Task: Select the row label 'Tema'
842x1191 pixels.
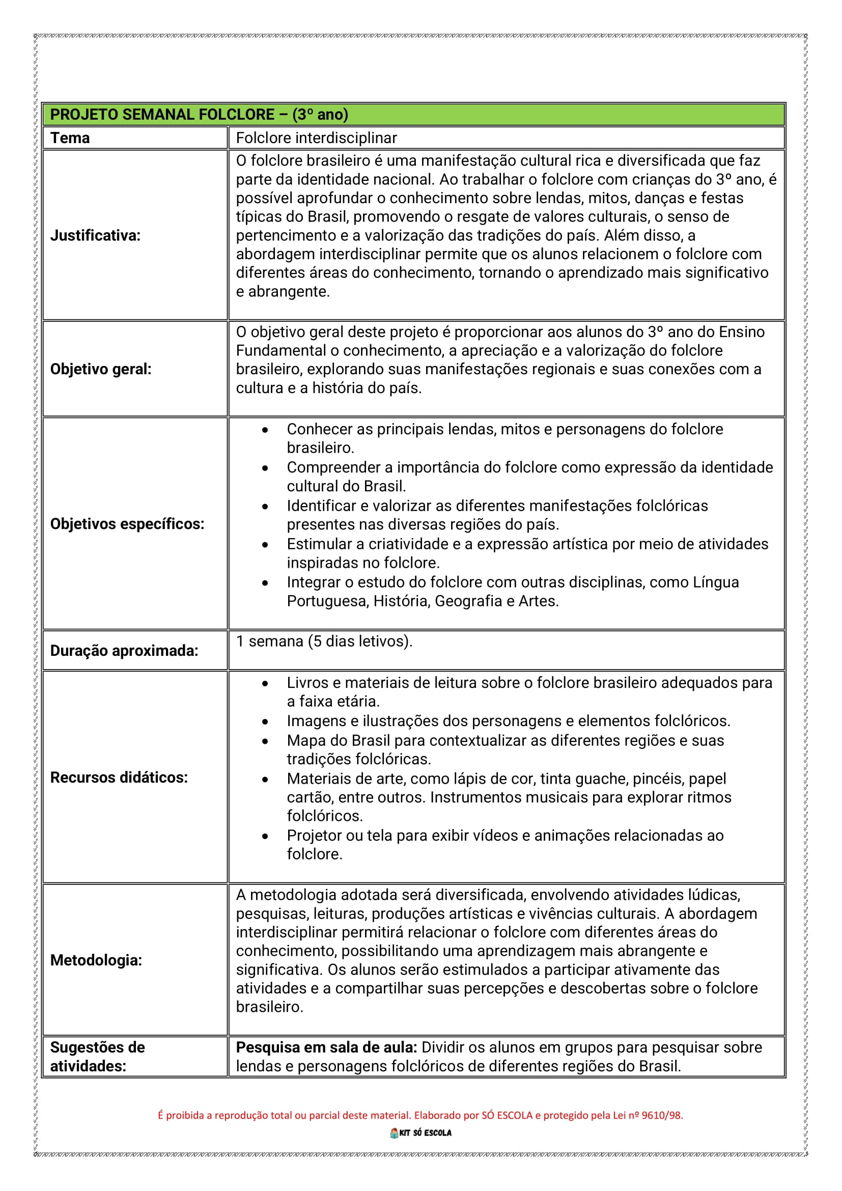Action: pyautogui.click(x=70, y=138)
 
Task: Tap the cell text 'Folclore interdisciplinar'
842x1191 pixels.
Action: pyautogui.click(x=316, y=138)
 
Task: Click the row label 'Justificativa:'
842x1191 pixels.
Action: pyautogui.click(x=95, y=236)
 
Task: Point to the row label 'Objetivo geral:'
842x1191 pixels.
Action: pyautogui.click(x=101, y=369)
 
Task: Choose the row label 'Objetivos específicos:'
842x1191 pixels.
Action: pyautogui.click(x=127, y=524)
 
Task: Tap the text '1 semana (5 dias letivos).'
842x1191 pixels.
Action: pyautogui.click(x=324, y=641)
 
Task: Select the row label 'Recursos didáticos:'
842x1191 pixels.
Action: pyautogui.click(x=119, y=777)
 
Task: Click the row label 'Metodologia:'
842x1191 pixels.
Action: pyautogui.click(x=96, y=960)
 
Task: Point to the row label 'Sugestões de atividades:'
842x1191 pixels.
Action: pyautogui.click(x=97, y=1056)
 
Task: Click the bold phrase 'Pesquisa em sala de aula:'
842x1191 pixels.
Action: pyautogui.click(x=326, y=1047)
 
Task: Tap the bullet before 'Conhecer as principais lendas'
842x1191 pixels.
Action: pyautogui.click(x=265, y=430)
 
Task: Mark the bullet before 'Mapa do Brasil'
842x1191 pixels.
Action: pyautogui.click(x=265, y=741)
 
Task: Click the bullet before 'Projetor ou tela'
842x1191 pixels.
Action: pyautogui.click(x=265, y=836)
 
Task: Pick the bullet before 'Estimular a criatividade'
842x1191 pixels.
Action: pyautogui.click(x=265, y=545)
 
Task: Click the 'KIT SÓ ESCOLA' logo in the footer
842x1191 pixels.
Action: pyautogui.click(x=420, y=1133)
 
